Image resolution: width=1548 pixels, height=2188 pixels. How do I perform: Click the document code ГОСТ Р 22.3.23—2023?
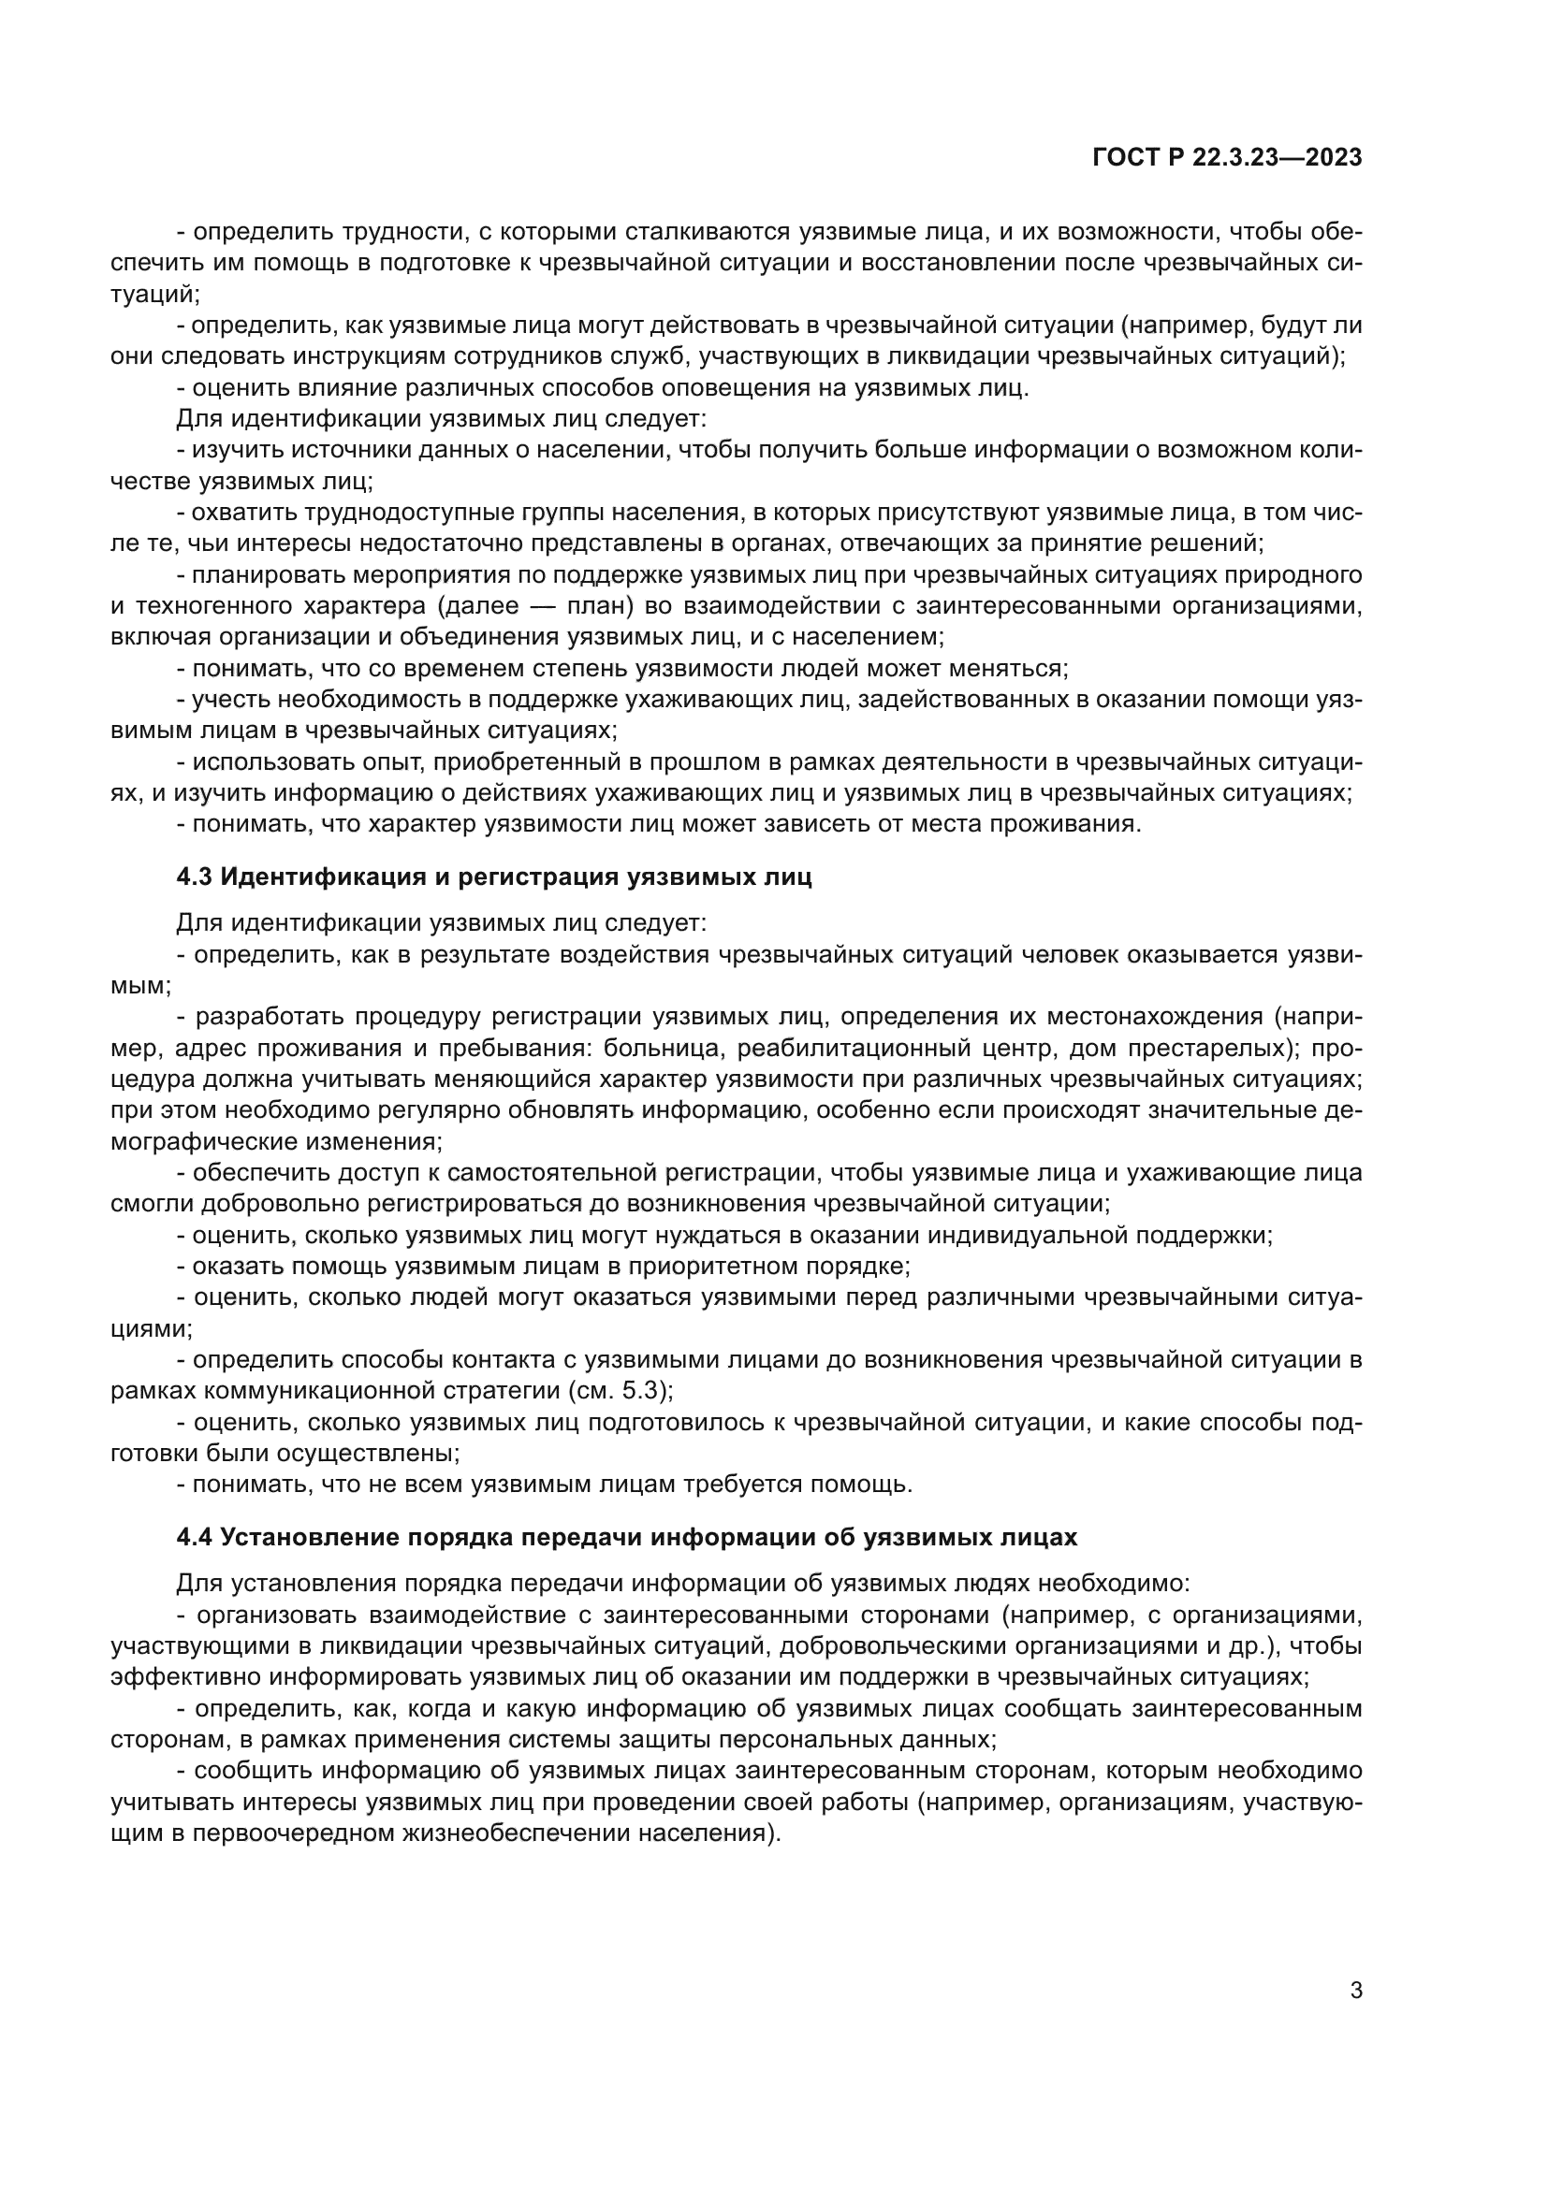pos(1227,158)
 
